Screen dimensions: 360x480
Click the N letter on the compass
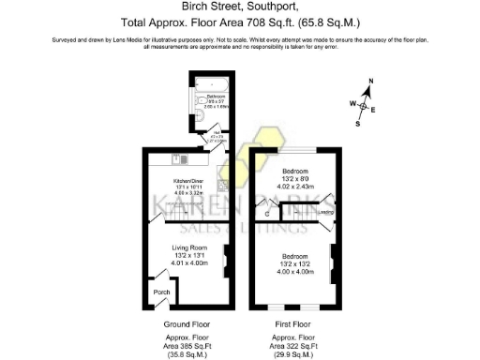click(371, 83)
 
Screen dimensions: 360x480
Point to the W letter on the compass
click(352, 103)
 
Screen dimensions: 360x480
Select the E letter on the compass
click(374, 111)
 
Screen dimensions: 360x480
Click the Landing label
click(326, 212)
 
